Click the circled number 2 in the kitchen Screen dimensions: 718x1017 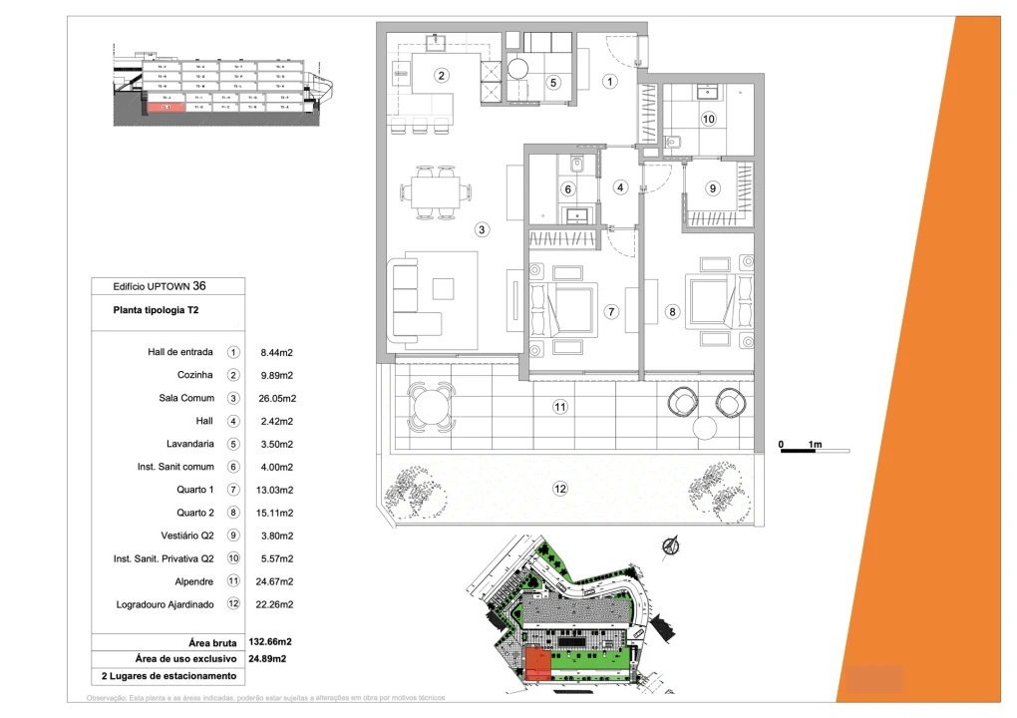441,75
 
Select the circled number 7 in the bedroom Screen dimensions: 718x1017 612,311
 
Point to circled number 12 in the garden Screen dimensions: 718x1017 560,489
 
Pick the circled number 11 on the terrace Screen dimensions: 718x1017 560,407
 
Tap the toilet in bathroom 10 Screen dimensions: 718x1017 670,143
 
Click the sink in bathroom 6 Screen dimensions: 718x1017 576,212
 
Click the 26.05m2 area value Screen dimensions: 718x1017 278,398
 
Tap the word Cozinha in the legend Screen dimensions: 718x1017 194,375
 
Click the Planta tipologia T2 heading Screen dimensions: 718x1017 158,310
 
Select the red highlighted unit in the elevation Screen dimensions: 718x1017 169,107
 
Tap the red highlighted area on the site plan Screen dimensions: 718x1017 536,663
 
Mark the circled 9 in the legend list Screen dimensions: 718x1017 233,536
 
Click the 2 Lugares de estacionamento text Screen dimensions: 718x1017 169,676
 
